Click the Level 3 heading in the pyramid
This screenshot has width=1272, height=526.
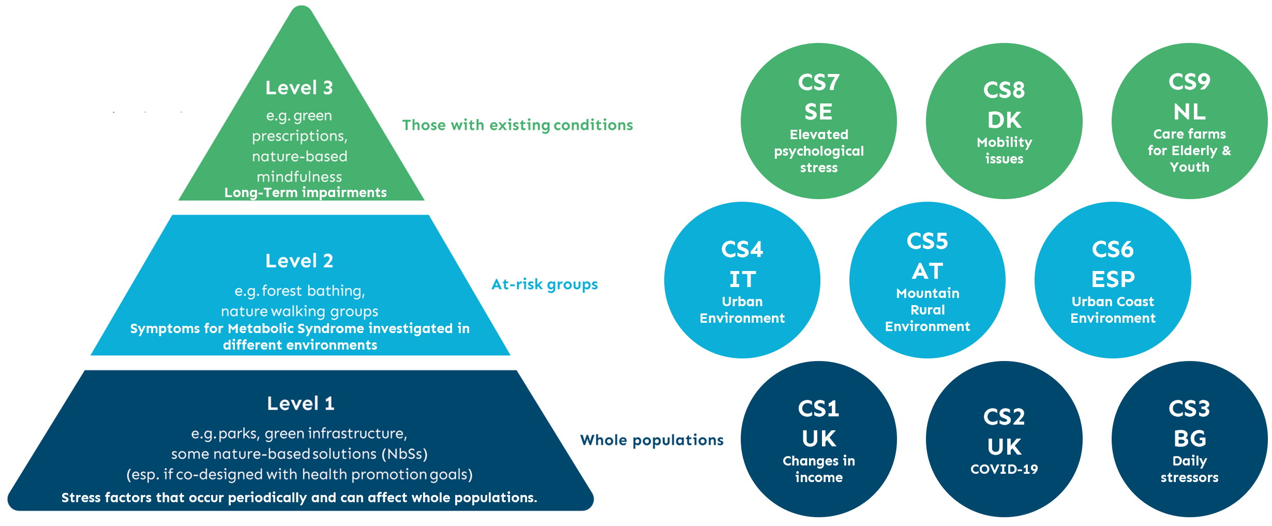[x=299, y=88]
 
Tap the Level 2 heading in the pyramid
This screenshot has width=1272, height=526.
[x=299, y=261]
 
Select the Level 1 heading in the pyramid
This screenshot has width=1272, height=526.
[x=301, y=403]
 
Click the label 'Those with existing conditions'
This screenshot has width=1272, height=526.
[x=518, y=125]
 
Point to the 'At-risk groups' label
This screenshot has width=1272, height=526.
[x=545, y=284]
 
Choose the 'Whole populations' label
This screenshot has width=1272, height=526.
[x=652, y=440]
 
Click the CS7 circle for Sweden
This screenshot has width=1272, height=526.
[x=819, y=121]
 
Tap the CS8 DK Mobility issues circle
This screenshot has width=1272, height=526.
[x=1004, y=121]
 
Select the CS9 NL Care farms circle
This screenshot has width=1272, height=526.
[x=1190, y=121]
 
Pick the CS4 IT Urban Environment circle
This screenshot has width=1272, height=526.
[x=742, y=280]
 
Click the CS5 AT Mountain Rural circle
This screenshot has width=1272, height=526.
[x=927, y=280]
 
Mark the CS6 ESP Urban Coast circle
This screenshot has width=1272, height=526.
[x=1113, y=280]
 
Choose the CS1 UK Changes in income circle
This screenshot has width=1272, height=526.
[x=819, y=439]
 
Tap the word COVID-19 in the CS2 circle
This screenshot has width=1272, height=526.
[x=1004, y=469]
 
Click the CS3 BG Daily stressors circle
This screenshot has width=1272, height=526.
[x=1190, y=439]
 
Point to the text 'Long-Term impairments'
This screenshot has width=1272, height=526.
[x=306, y=193]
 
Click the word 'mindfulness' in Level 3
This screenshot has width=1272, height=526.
[x=300, y=177]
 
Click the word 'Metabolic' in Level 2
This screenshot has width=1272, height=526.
[x=260, y=328]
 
